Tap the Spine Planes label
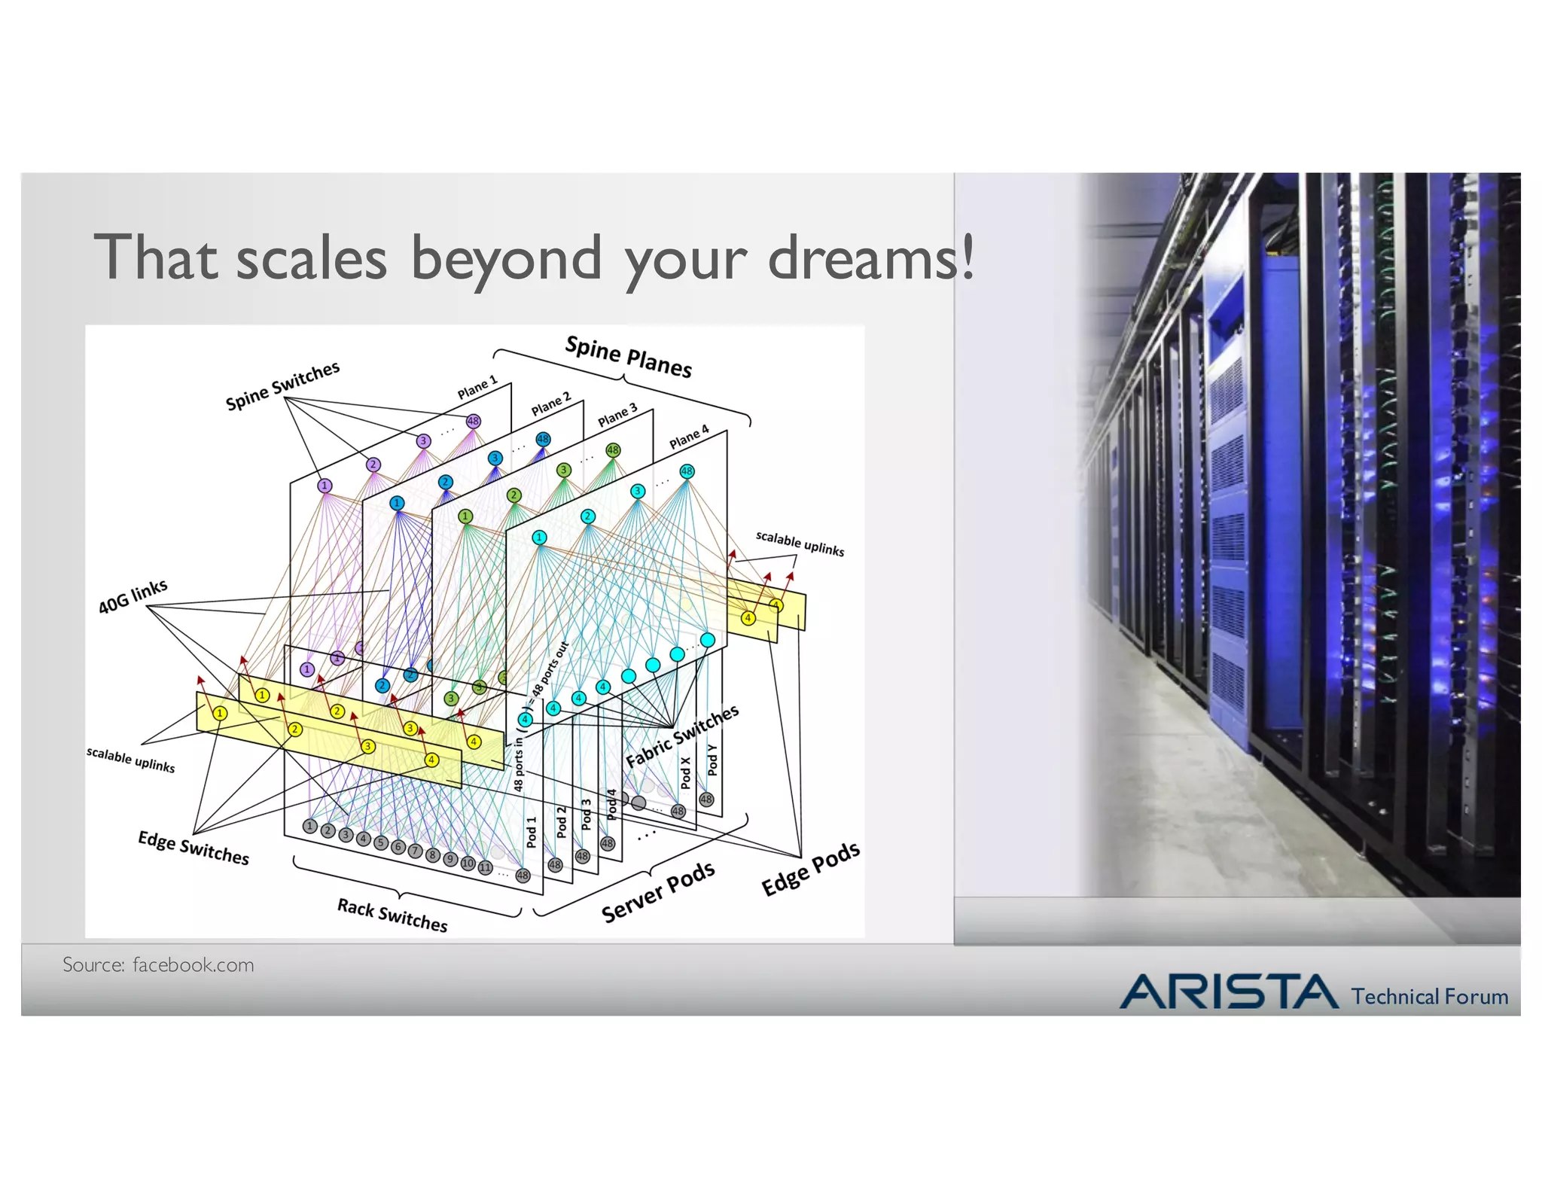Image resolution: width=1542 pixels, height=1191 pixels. click(628, 357)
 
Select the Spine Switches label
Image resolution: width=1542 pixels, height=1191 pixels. click(282, 385)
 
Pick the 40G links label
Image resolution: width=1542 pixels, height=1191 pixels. click(133, 596)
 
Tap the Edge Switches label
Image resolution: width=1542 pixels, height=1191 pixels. click(193, 847)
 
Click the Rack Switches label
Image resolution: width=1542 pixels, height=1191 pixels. click(392, 914)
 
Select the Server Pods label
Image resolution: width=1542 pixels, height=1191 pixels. click(657, 891)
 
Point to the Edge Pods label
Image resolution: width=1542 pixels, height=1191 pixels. click(810, 868)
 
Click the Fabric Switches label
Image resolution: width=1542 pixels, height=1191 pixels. click(682, 736)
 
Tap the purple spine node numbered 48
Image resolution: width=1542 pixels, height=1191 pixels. click(473, 422)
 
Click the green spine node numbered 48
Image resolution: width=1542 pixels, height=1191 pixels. click(613, 450)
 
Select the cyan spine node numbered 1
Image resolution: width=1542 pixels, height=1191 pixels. click(539, 538)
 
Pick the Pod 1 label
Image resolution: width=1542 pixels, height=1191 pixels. click(532, 832)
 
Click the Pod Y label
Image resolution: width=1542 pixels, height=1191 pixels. click(712, 760)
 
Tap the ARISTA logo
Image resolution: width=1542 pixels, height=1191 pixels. click(1229, 991)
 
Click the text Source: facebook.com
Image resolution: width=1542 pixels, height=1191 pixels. click(158, 964)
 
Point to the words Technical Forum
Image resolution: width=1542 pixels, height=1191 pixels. click(1429, 997)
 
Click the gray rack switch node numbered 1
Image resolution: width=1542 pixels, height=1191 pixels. click(309, 826)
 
